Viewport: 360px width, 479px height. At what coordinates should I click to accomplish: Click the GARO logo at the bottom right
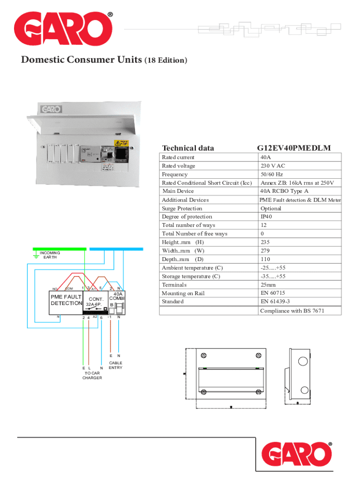click(x=297, y=455)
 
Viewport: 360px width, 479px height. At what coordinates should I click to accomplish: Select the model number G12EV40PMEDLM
click(x=294, y=148)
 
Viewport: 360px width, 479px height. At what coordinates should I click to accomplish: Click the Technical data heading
click(x=187, y=148)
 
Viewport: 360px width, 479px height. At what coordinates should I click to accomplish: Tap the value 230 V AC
click(x=273, y=166)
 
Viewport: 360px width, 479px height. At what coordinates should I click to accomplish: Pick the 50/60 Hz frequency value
click(x=272, y=174)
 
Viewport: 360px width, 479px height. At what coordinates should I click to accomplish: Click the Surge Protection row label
click(x=182, y=208)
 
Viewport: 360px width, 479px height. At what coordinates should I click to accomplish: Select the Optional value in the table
click(x=271, y=208)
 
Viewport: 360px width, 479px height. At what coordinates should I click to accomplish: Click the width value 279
click(x=266, y=251)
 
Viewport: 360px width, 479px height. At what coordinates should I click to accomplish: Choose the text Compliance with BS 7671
click(x=292, y=311)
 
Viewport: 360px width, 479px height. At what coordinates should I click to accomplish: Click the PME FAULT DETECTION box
click(x=66, y=300)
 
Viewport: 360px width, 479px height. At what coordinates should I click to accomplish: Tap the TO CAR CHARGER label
click(x=92, y=375)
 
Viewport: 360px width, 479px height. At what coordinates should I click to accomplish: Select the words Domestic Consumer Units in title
click(x=80, y=60)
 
